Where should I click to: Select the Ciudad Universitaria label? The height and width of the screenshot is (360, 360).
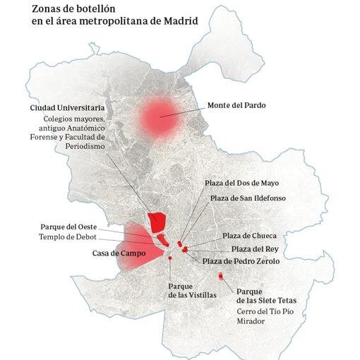[67, 107]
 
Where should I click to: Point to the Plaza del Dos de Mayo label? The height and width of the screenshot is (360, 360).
[246, 183]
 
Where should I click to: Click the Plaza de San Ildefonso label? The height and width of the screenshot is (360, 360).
[248, 198]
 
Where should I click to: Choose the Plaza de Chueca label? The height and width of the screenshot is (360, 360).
[248, 235]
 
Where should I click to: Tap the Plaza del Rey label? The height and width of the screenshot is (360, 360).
[256, 248]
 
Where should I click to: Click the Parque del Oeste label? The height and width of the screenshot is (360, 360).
[68, 227]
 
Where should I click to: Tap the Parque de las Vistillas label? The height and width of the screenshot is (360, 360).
[192, 291]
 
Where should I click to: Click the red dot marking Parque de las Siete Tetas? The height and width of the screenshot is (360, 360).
[221, 276]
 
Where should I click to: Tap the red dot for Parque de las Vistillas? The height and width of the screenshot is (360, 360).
[171, 258]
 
